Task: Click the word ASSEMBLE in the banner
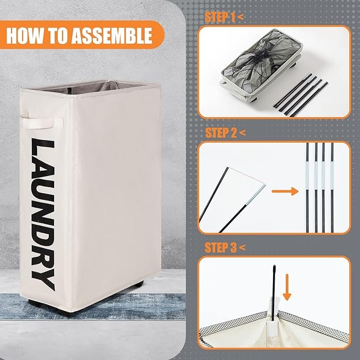point(112,36)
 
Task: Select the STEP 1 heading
point(224,17)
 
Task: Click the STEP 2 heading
point(225,133)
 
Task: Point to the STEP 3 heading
point(225,248)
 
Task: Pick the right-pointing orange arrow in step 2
point(285,191)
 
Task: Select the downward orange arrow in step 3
point(287,287)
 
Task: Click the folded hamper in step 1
point(261,65)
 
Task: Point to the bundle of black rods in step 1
point(301,95)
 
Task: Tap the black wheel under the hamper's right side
point(137,285)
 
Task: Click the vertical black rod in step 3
point(274,293)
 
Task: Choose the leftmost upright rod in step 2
point(308,188)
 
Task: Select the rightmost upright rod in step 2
point(332,188)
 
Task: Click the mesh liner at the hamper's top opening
point(92,87)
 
